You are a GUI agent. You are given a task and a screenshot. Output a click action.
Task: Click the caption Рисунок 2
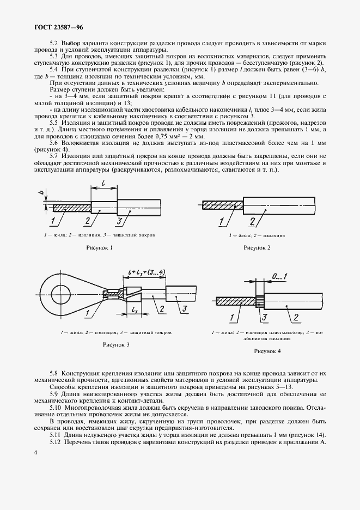[258, 248]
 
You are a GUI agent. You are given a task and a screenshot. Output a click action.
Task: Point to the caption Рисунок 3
[116, 345]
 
